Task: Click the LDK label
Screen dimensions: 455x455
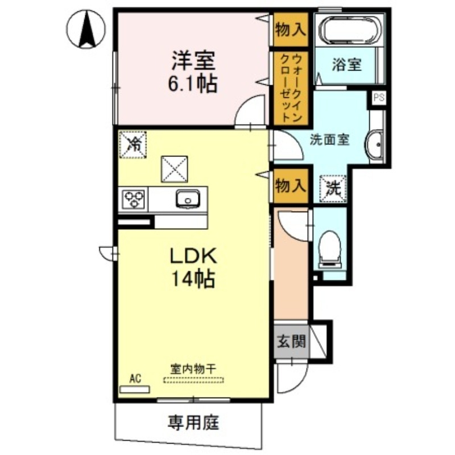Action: coord(191,257)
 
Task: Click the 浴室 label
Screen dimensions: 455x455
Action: coord(347,65)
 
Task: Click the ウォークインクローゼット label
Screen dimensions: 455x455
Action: coord(290,88)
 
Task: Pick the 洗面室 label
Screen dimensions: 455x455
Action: coord(329,139)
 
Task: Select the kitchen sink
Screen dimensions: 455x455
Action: coord(186,198)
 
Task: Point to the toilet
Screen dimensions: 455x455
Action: coord(330,249)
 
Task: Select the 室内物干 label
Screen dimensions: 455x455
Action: coord(193,369)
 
